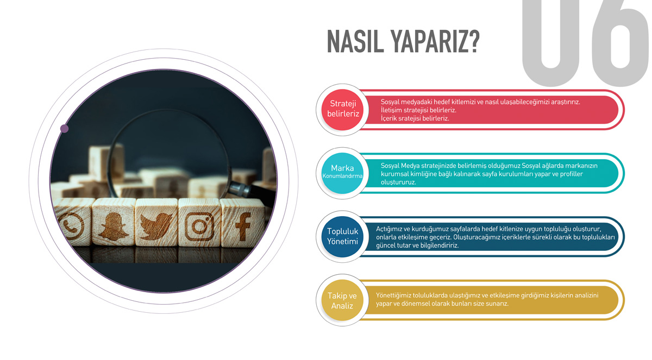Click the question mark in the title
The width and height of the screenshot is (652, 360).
(474, 42)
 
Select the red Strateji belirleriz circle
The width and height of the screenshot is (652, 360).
(343, 110)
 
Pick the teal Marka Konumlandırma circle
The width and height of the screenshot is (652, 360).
(343, 173)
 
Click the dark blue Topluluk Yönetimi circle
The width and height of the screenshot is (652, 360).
(343, 236)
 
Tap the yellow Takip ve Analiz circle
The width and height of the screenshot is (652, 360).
(343, 300)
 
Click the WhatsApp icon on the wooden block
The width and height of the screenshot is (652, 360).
(71, 226)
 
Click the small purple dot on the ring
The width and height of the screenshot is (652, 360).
(64, 129)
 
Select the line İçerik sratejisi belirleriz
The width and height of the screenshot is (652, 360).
(415, 118)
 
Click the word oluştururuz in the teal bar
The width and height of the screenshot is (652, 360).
(398, 182)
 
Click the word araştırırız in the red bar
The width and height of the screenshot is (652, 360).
(565, 102)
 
